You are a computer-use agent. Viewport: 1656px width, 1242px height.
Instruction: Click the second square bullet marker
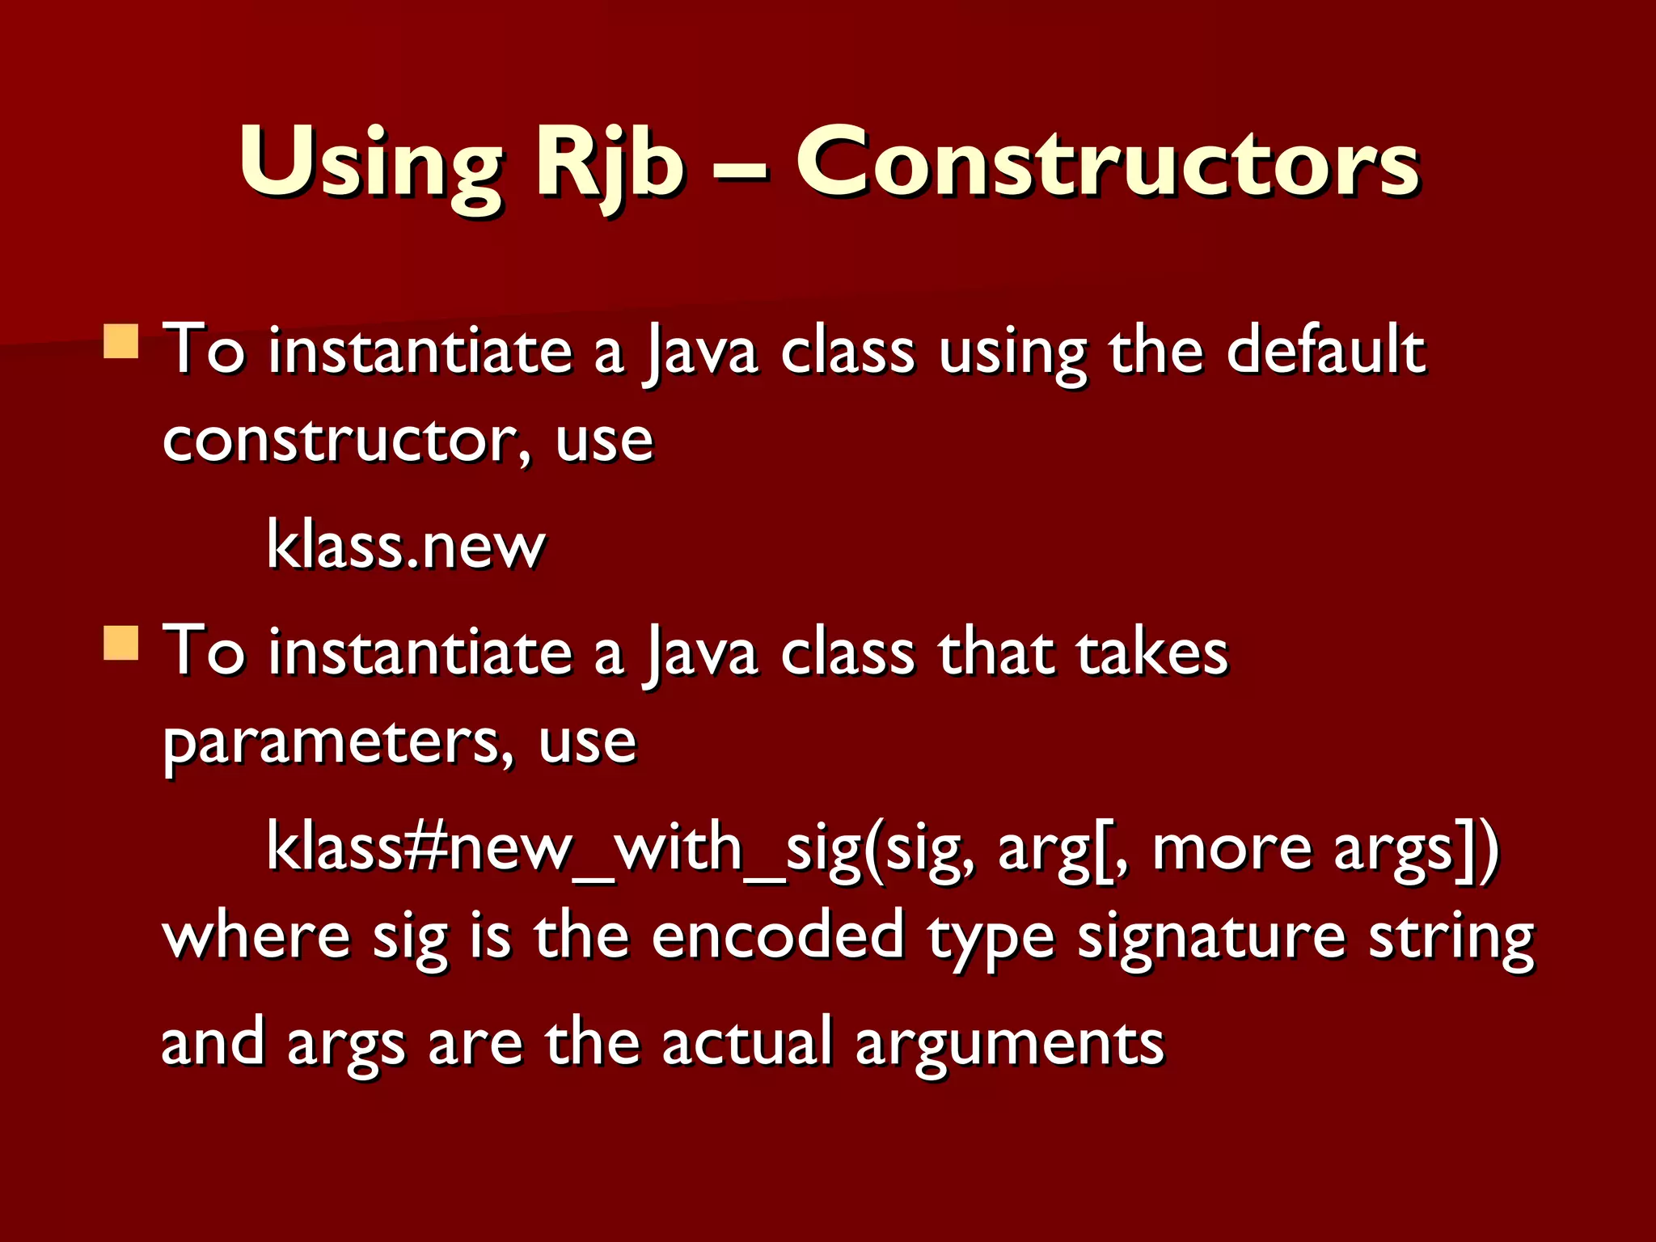pos(121,643)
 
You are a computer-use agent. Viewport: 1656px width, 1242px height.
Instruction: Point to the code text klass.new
pos(406,546)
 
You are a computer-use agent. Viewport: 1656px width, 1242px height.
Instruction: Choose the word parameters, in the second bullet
pos(338,742)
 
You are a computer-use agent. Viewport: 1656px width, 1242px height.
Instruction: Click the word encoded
pos(778,936)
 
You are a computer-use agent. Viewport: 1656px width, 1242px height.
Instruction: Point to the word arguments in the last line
pos(1010,1043)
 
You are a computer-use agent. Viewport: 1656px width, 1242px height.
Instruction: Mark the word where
pos(256,936)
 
